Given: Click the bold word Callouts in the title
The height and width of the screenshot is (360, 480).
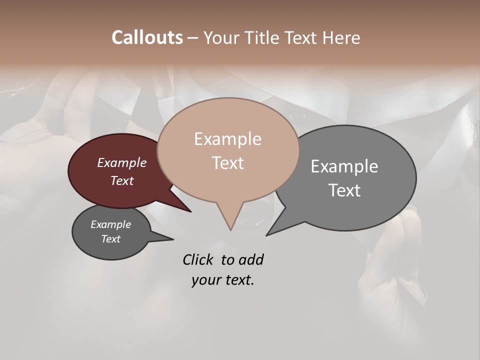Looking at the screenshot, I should (147, 37).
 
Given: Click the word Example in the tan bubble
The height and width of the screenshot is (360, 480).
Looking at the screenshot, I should (227, 139).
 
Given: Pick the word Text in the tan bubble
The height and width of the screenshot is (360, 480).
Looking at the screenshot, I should (227, 163).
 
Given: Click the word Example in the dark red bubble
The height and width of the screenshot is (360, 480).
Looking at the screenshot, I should (122, 162).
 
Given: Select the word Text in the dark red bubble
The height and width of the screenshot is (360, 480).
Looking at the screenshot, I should (122, 180).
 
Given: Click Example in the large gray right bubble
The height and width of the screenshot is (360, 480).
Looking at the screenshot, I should (344, 166).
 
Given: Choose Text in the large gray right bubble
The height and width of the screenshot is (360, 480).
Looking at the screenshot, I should (344, 190).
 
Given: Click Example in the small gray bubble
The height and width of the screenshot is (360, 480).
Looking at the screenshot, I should (111, 224).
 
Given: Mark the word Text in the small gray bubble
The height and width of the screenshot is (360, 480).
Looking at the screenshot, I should (111, 239).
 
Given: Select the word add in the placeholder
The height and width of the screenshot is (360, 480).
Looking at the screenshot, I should (251, 259).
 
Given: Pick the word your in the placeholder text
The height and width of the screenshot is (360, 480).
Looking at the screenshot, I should (206, 280).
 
